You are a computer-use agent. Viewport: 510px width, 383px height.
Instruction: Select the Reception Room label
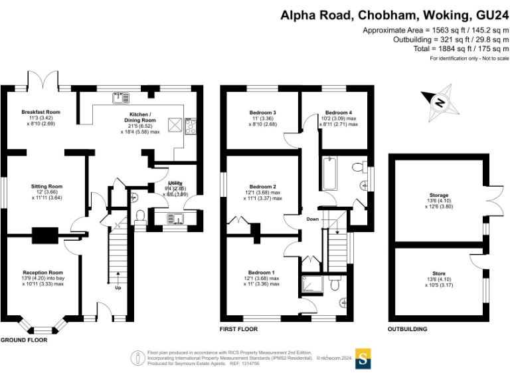coord(42,272)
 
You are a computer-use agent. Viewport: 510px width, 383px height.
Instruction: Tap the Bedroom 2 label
coord(262,187)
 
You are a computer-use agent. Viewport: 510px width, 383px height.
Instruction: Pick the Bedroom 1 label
coord(262,273)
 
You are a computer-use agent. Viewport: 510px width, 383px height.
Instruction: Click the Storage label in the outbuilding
coord(438,195)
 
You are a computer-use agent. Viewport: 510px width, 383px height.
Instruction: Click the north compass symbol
coord(439,102)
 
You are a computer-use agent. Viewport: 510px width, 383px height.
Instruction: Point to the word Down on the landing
coord(313,219)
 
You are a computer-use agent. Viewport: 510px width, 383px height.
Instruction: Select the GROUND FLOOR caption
coord(24,340)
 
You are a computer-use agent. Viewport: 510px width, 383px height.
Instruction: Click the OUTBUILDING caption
coord(408,329)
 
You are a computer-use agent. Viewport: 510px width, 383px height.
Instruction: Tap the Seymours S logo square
coord(363,358)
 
